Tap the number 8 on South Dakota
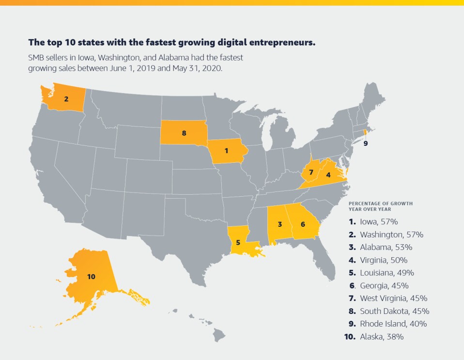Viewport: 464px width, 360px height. (184, 133)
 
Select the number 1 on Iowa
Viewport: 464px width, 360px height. (226, 151)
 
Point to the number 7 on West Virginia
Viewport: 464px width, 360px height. (311, 172)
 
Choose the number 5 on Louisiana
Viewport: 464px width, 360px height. (238, 242)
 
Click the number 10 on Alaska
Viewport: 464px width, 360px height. (91, 276)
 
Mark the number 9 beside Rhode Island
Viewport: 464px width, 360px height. (366, 143)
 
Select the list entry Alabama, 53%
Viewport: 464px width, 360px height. (386, 247)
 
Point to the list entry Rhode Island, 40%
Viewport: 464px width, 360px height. (393, 323)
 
